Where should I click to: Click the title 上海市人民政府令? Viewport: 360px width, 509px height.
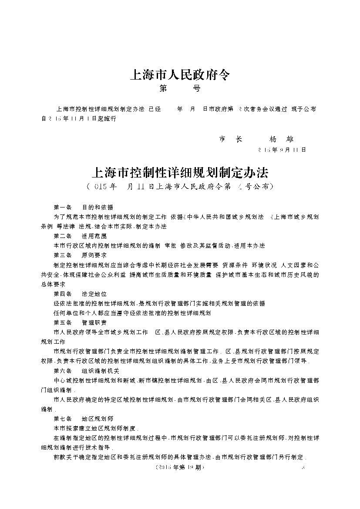180,75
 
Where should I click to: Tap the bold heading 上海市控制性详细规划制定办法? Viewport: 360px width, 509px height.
180,173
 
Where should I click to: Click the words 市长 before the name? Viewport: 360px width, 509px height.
230,139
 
